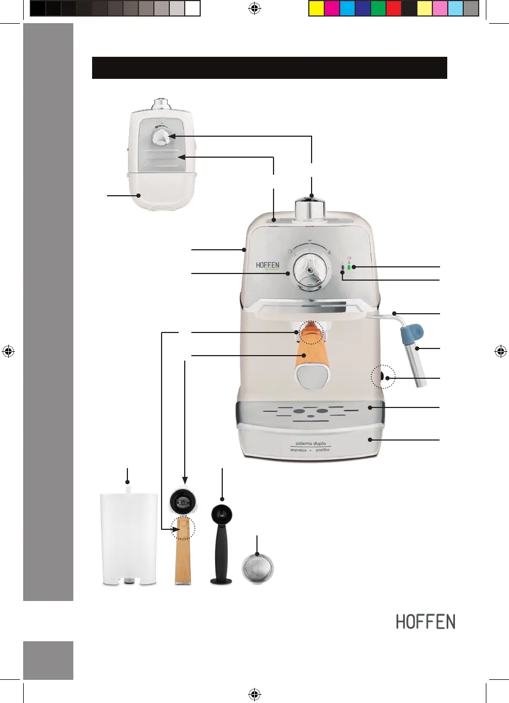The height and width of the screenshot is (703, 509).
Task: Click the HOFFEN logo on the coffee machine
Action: [269, 265]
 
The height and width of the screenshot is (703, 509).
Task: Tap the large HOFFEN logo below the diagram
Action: [426, 622]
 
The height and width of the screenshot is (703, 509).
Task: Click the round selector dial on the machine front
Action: [309, 271]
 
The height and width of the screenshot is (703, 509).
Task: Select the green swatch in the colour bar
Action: [378, 9]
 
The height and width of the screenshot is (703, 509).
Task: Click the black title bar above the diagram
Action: [269, 67]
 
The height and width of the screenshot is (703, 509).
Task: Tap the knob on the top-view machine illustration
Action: [162, 138]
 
